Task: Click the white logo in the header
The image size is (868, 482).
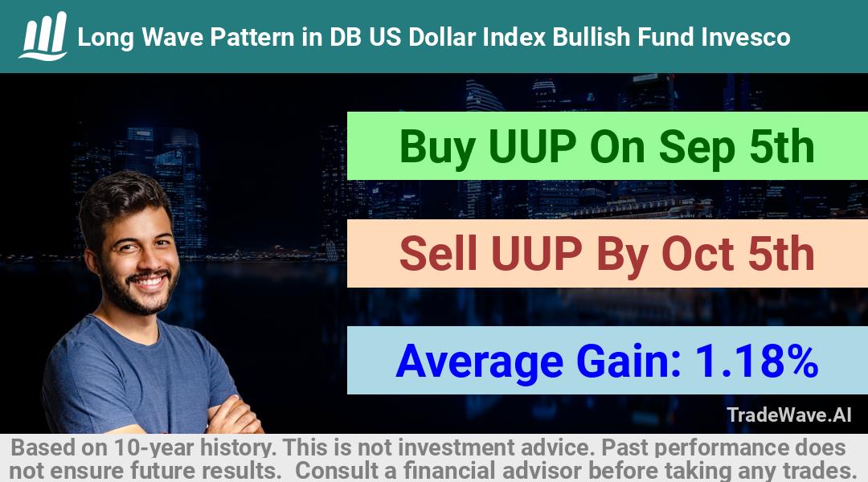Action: (43, 36)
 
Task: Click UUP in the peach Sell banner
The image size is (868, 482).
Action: (535, 253)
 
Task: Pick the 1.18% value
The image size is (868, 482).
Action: (756, 361)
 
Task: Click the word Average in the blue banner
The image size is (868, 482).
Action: (479, 362)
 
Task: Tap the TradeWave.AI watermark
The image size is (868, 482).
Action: (789, 415)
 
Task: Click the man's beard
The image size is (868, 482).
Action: (141, 291)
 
